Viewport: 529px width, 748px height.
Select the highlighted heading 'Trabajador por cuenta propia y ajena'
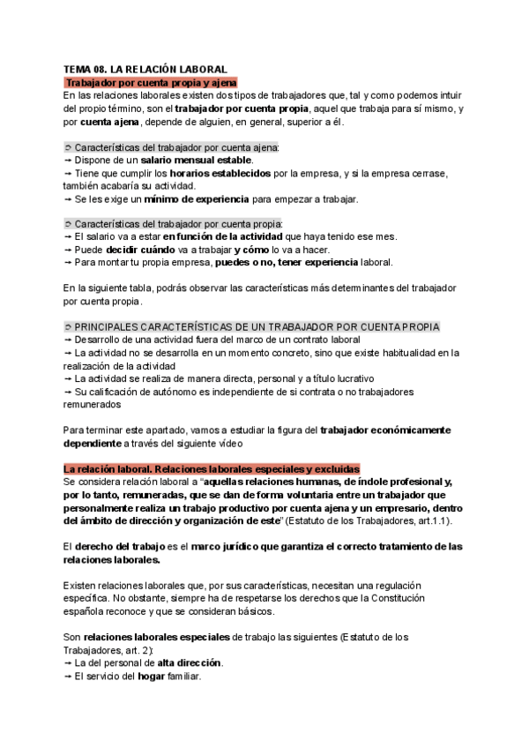tap(146, 82)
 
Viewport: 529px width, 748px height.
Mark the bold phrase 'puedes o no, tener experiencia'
tap(287, 263)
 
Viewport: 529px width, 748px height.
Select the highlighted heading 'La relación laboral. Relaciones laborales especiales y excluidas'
tap(211, 468)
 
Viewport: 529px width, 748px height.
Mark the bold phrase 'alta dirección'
tap(185, 662)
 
